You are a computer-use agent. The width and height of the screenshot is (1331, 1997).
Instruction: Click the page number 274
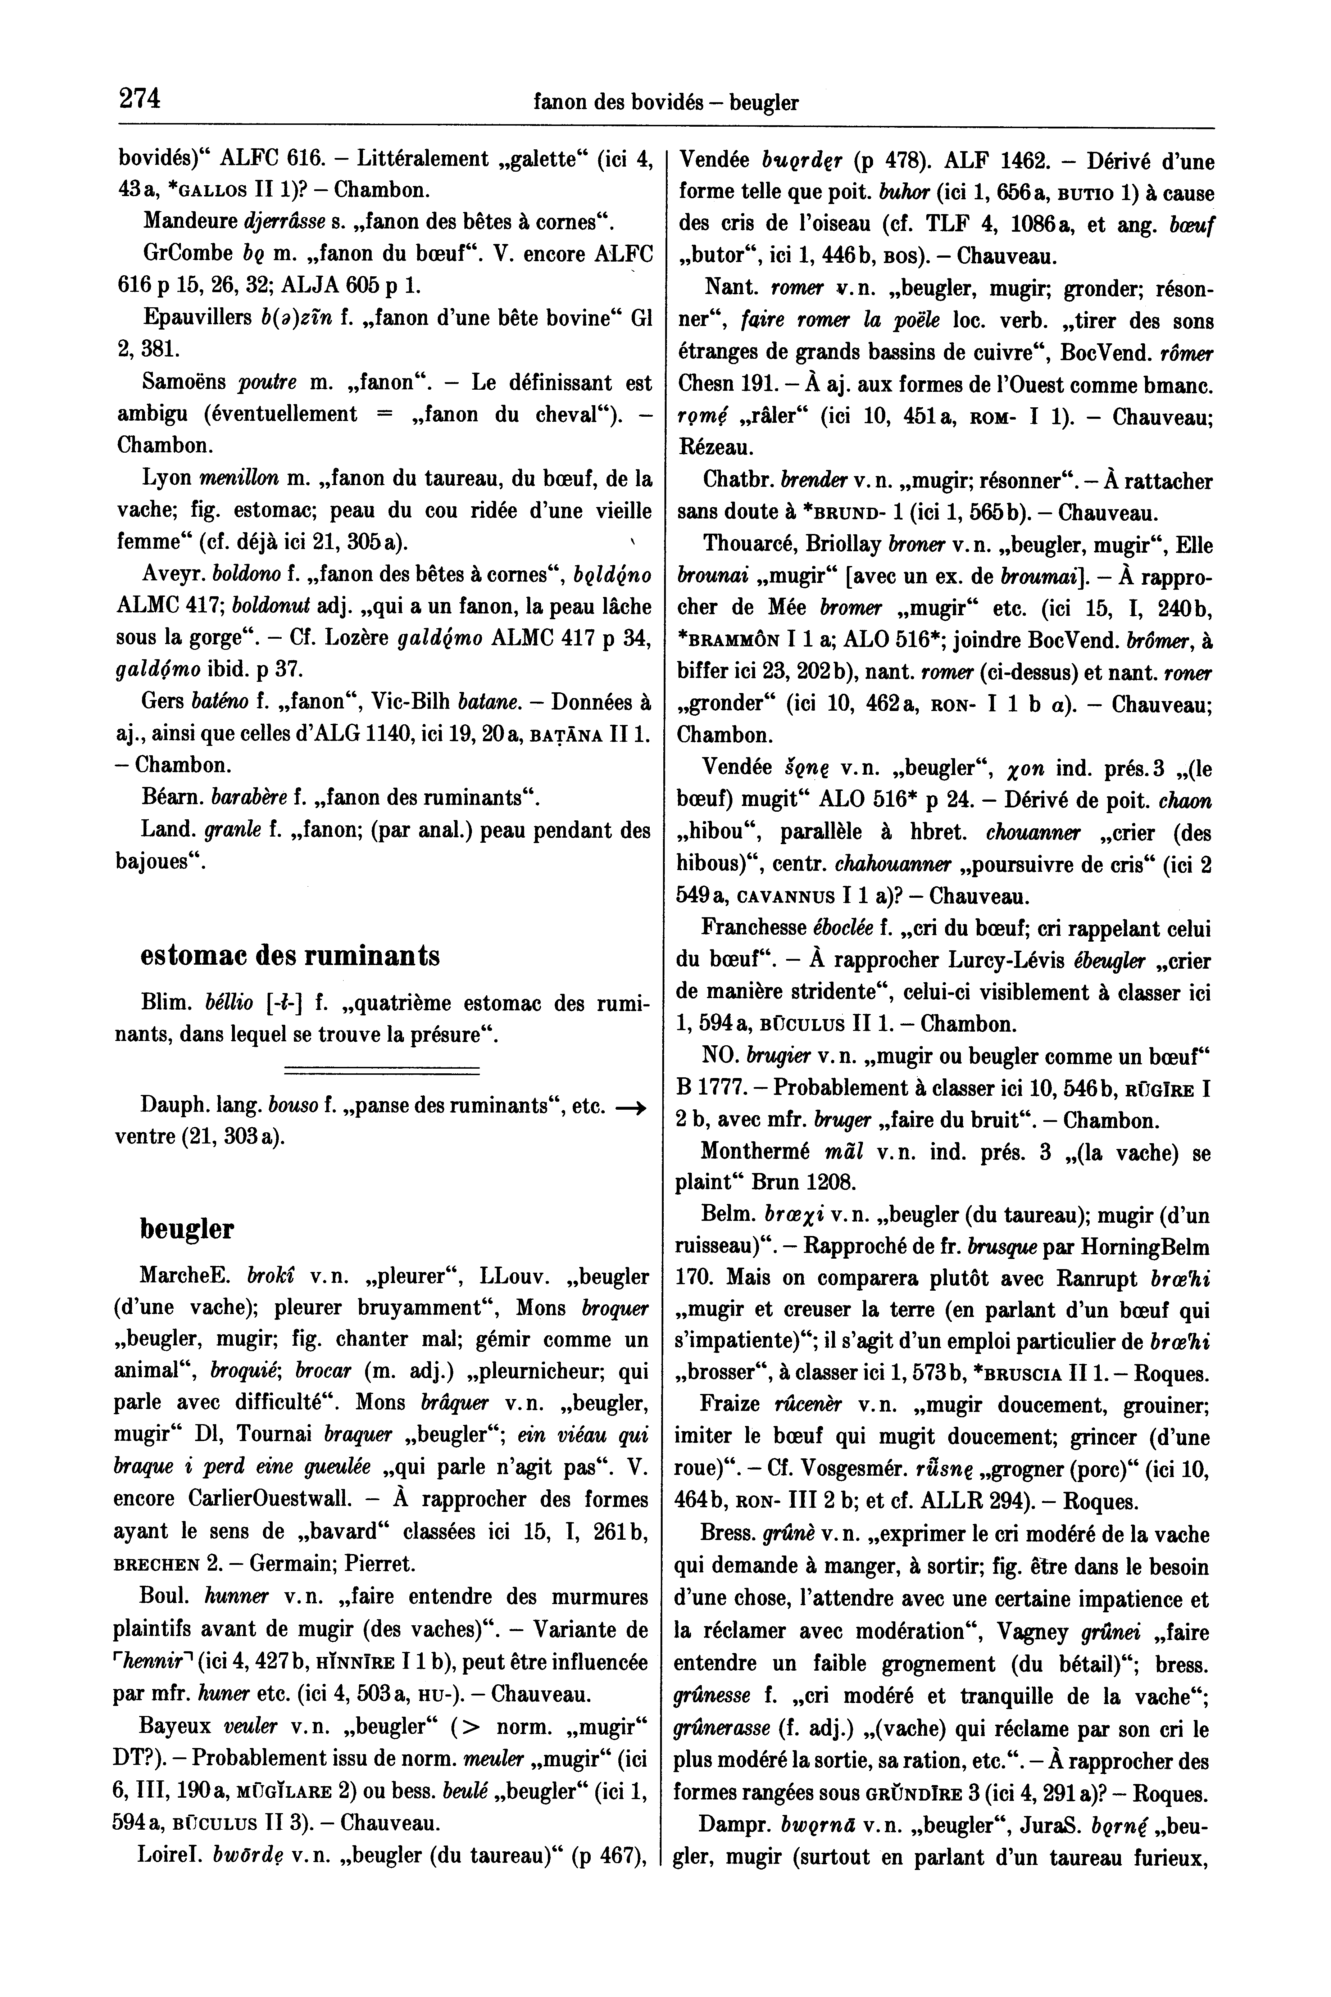point(140,99)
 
